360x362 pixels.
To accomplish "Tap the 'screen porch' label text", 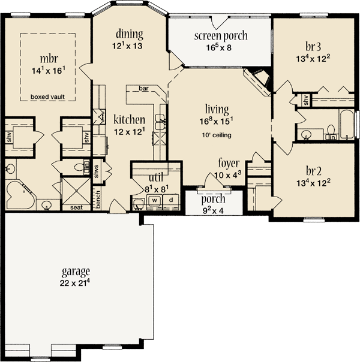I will pyautogui.click(x=221, y=36).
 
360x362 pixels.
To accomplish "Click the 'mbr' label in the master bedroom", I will pyautogui.click(x=49, y=59).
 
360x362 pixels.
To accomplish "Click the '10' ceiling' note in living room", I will pyautogui.click(x=217, y=135).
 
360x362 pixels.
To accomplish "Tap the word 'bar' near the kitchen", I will pyautogui.click(x=144, y=89).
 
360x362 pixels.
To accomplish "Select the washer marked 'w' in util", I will pyautogui.click(x=154, y=199).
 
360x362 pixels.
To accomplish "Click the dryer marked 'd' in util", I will pyautogui.click(x=170, y=199).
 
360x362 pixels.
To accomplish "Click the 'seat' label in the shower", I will pyautogui.click(x=76, y=207).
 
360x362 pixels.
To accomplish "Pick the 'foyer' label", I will pyautogui.click(x=229, y=162).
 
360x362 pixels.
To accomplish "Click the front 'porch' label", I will pyautogui.click(x=213, y=198).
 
